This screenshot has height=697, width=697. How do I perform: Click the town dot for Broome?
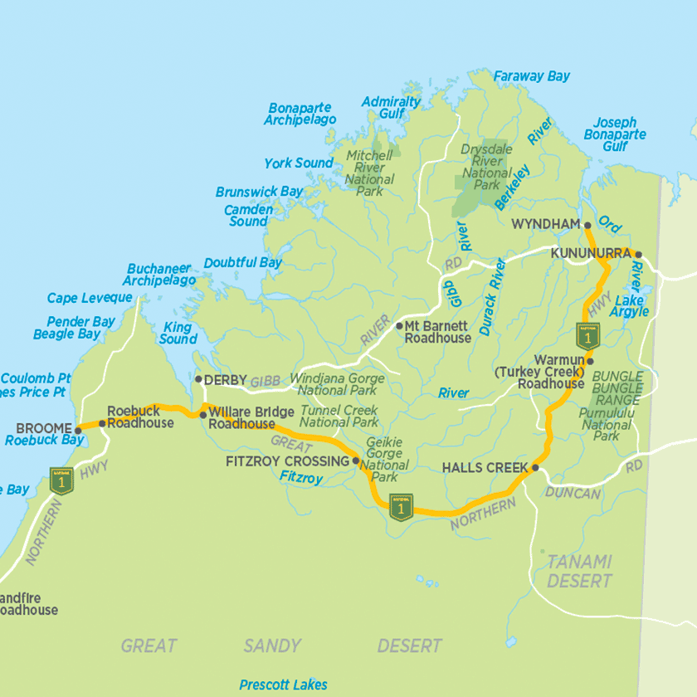tap(79, 429)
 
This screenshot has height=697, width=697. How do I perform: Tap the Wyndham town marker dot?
tap(587, 225)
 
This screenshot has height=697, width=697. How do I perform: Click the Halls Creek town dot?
tap(535, 468)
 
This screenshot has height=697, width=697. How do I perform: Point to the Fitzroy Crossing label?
tap(288, 461)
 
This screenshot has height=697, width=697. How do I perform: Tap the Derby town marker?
tap(197, 379)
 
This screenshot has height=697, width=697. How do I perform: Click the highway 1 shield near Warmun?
tap(587, 336)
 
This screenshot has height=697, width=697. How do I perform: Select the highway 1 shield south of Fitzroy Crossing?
tap(402, 509)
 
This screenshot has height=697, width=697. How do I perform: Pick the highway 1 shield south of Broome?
tap(62, 480)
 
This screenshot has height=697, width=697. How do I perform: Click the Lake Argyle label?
tap(629, 305)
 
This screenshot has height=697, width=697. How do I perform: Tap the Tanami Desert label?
tap(579, 571)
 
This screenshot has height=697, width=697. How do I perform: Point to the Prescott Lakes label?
tap(283, 685)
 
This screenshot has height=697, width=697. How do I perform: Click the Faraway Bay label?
tap(532, 76)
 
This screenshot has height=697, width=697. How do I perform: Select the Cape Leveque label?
tap(90, 298)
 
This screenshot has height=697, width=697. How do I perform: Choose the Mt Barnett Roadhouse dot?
tap(398, 326)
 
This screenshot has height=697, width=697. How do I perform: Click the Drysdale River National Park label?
tap(487, 167)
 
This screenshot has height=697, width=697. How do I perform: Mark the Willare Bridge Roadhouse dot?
tap(202, 413)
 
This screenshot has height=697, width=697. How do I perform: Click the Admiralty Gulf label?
tap(391, 107)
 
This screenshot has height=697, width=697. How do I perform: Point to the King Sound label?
tap(178, 333)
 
